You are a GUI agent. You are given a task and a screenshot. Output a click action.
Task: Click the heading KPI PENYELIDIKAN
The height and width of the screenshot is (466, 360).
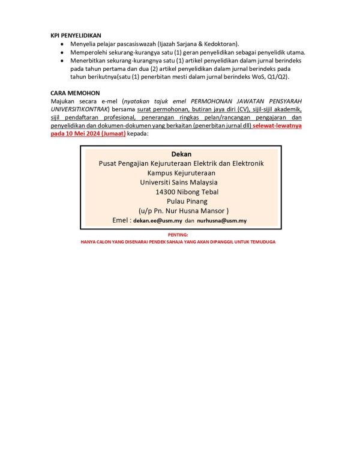76,36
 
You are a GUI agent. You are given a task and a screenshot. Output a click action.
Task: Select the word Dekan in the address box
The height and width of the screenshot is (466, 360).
181,154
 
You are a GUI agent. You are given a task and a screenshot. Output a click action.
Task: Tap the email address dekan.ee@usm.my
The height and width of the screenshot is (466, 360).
157,221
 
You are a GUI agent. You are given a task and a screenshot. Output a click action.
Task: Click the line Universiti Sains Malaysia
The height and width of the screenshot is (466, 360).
179,183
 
